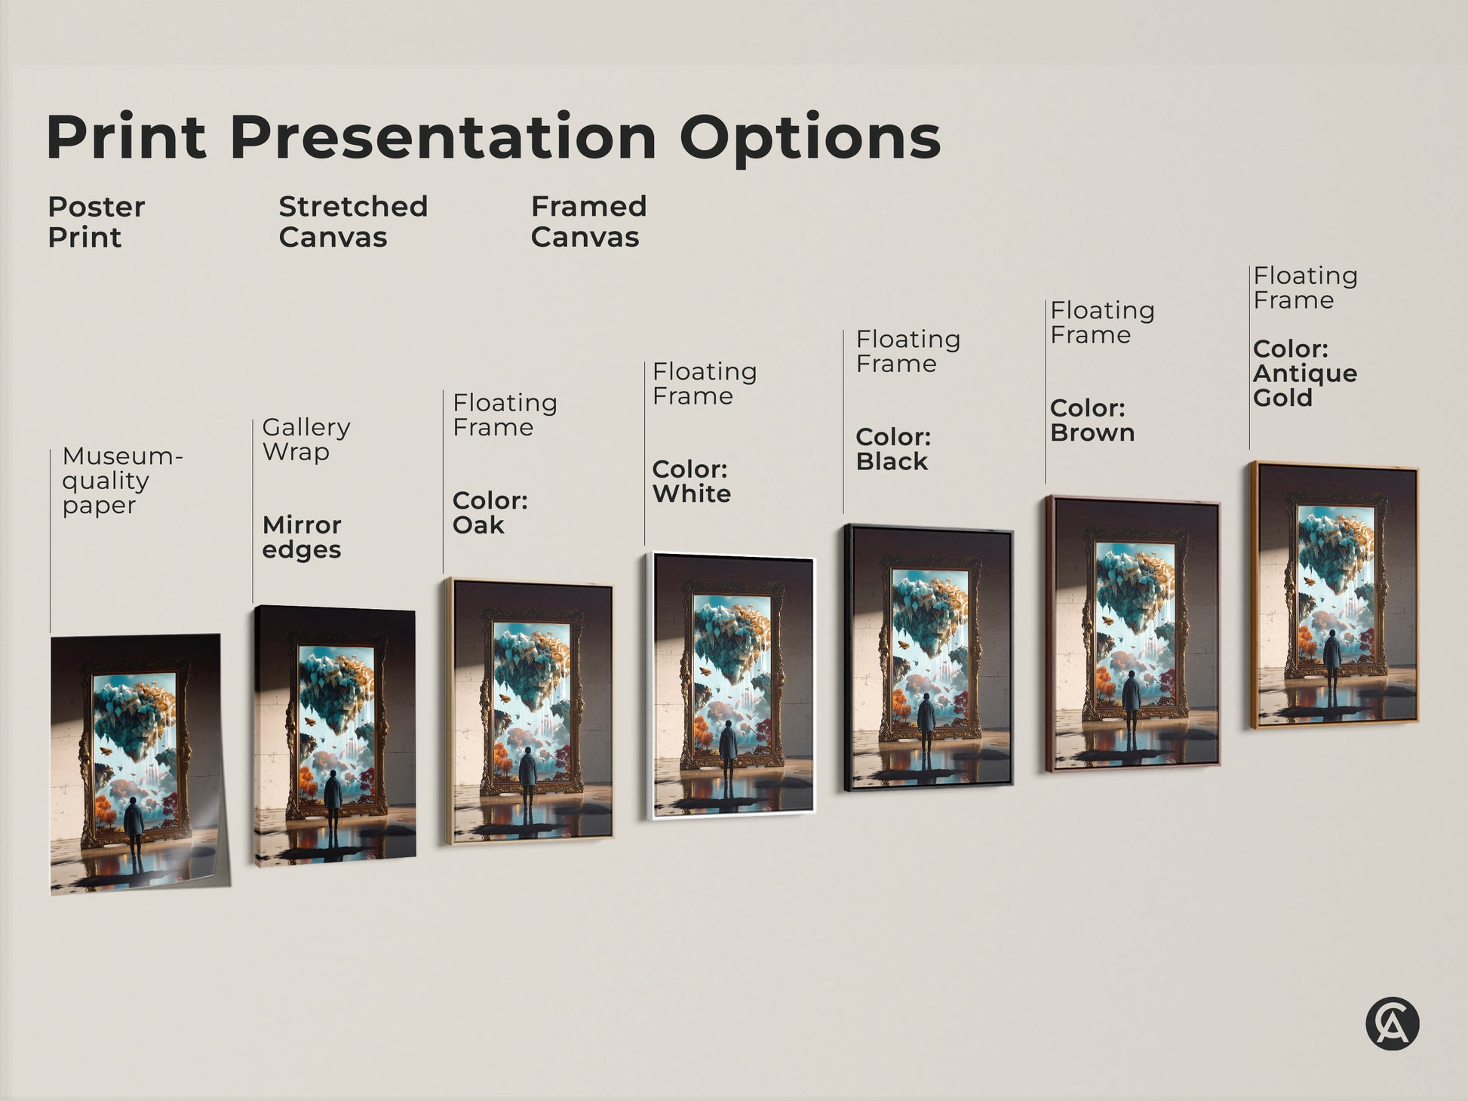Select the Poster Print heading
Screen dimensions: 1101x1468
click(x=96, y=222)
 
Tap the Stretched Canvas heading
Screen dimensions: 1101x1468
click(x=352, y=222)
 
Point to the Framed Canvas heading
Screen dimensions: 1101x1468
click(x=588, y=222)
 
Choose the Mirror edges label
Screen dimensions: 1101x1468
click(x=302, y=537)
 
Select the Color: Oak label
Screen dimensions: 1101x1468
click(x=490, y=512)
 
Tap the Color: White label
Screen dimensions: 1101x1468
click(x=691, y=481)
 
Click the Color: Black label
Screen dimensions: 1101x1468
click(x=893, y=449)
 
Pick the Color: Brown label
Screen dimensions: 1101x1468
click(x=1092, y=420)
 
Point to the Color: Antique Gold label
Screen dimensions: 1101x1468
click(x=1304, y=374)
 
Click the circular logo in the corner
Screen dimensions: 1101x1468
click(x=1392, y=1024)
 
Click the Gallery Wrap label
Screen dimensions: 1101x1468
click(x=306, y=439)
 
